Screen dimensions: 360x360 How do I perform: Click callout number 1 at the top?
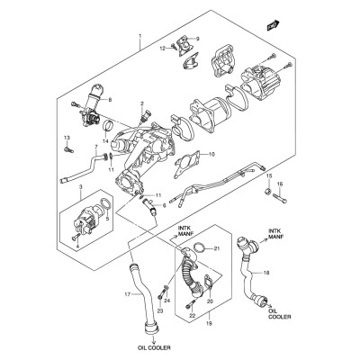[139, 36]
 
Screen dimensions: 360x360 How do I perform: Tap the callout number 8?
[110, 100]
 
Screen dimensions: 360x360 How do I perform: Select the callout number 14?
[105, 141]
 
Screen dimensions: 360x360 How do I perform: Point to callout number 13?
[67, 138]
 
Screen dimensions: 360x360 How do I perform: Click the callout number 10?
[211, 155]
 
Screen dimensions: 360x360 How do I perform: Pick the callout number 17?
[128, 295]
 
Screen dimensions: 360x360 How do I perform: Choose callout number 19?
[210, 324]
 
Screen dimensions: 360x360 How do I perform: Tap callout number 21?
[217, 248]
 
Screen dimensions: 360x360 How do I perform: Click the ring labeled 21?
[199, 248]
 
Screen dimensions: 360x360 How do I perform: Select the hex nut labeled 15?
[268, 191]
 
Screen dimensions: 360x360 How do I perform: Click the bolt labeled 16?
[280, 198]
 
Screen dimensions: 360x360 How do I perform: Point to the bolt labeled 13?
[68, 149]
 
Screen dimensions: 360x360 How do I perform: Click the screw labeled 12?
[174, 46]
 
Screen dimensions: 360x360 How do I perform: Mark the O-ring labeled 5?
[105, 203]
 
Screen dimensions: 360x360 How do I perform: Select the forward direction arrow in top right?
[273, 25]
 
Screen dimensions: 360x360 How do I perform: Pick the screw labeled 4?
[76, 236]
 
